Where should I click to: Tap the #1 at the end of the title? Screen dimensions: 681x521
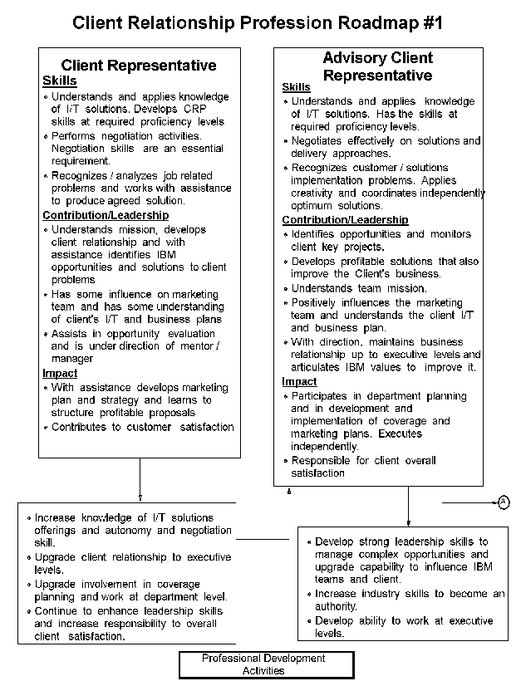pyautogui.click(x=428, y=22)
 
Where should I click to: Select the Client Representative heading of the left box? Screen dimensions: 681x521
pyautogui.click(x=139, y=66)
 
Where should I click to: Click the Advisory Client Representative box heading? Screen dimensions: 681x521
pyautogui.click(x=377, y=66)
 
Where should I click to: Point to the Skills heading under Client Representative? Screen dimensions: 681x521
pyautogui.click(x=59, y=81)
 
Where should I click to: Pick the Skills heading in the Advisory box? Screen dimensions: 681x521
pyautogui.click(x=296, y=87)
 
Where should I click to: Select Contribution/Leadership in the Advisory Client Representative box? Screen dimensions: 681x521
pyautogui.click(x=345, y=220)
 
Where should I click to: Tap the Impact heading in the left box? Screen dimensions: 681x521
pyautogui.click(x=60, y=374)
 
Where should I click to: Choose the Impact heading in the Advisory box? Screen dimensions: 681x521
pyautogui.click(x=299, y=382)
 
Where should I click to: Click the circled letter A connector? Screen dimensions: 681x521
pyautogui.click(x=504, y=501)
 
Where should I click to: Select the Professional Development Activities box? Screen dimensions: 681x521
pyautogui.click(x=266, y=664)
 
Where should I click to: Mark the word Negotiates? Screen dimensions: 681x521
pyautogui.click(x=321, y=141)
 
